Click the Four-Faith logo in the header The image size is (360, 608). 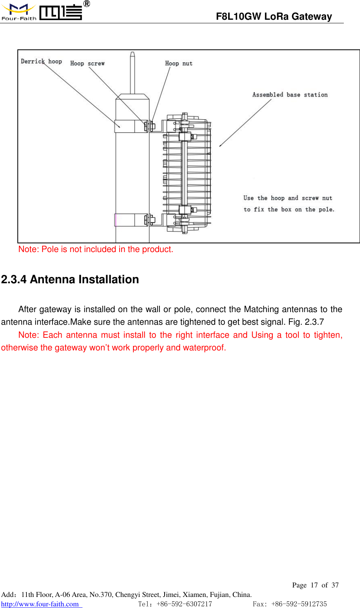click(x=41, y=12)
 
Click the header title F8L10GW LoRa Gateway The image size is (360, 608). click(x=274, y=17)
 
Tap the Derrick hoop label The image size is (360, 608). click(x=41, y=61)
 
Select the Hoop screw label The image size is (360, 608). click(x=87, y=63)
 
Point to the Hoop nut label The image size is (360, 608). click(x=178, y=63)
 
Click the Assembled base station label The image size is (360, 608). click(x=290, y=95)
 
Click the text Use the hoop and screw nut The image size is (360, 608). click(x=288, y=198)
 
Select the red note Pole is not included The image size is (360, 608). click(x=96, y=249)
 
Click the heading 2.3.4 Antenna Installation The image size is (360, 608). click(x=70, y=279)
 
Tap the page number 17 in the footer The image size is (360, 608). click(x=314, y=585)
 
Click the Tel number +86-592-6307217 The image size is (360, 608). click(x=184, y=604)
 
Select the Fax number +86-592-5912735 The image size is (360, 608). click(x=299, y=604)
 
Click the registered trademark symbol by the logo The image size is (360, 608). click(x=87, y=4)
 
